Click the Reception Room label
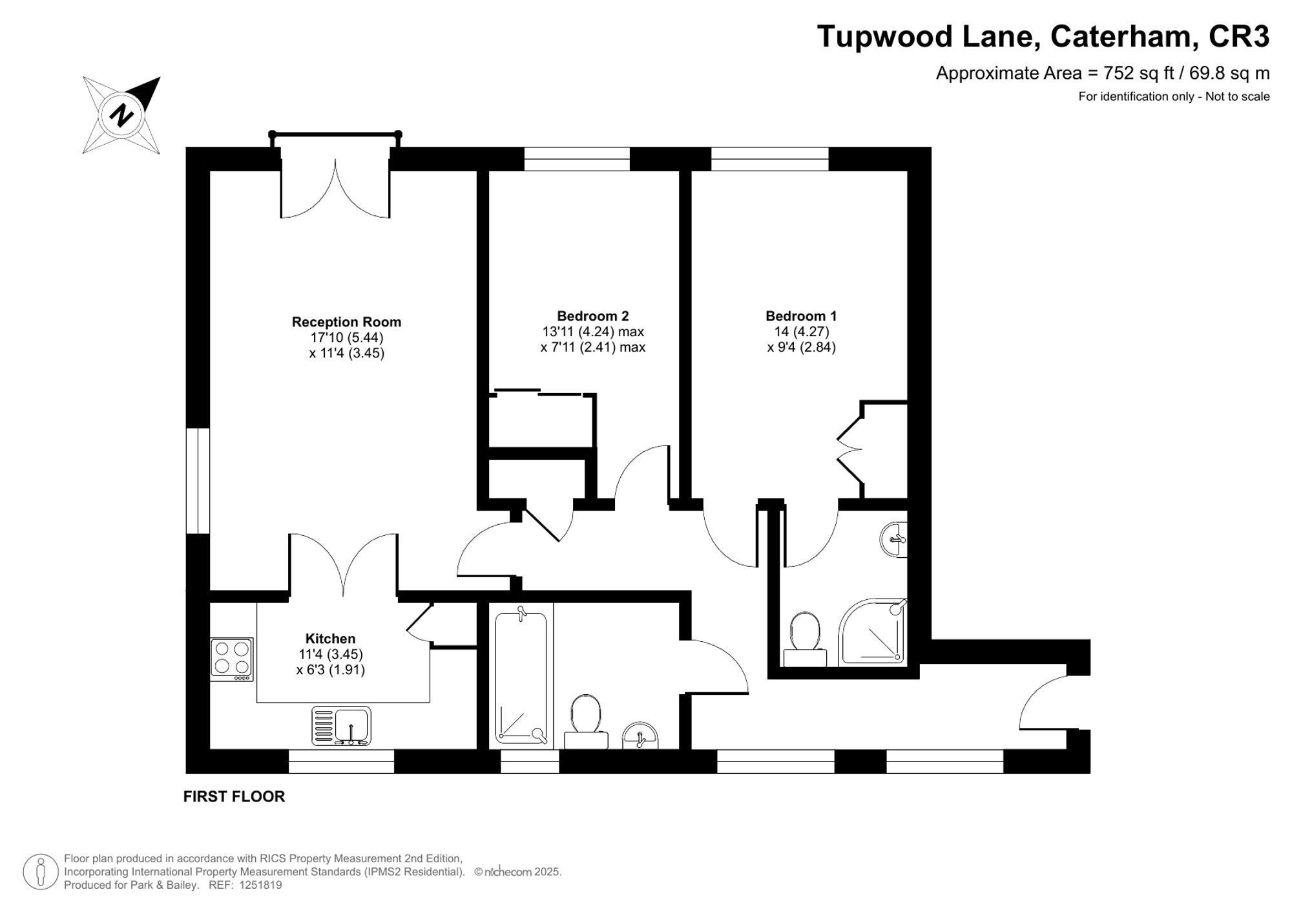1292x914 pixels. (346, 322)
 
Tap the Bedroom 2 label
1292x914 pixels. (592, 316)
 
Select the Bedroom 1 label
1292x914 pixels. (801, 316)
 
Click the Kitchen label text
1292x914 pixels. (330, 639)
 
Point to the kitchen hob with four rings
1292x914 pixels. (232, 658)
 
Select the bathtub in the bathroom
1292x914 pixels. (521, 677)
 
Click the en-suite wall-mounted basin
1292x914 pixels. (893, 539)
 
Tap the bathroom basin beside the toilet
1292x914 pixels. (640, 736)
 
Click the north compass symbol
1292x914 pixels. (121, 115)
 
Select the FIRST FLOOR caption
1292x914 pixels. (234, 796)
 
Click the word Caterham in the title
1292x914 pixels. (1120, 36)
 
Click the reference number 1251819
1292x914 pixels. (260, 885)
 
